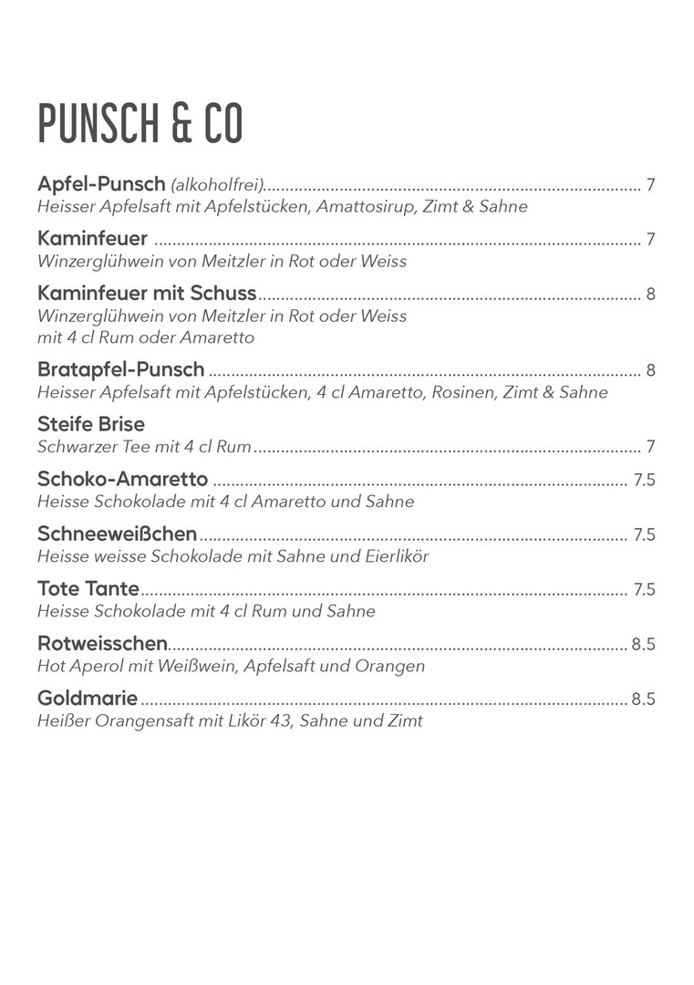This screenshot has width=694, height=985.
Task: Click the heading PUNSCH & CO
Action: click(x=140, y=123)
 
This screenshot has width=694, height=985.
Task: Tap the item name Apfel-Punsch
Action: click(x=101, y=185)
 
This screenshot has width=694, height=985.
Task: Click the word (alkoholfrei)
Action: click(x=217, y=186)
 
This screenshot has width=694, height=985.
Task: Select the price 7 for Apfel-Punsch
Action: click(x=650, y=186)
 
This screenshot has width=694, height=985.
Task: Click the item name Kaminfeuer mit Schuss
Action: click(x=147, y=294)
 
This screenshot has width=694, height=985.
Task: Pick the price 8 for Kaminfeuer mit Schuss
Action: click(x=650, y=295)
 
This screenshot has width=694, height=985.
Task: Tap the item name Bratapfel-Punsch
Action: click(x=121, y=370)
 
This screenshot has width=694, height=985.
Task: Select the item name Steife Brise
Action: click(x=91, y=424)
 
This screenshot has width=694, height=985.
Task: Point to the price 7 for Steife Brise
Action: click(x=650, y=447)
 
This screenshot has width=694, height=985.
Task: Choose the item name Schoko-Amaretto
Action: click(x=123, y=480)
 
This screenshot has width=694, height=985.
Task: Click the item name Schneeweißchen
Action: click(x=118, y=534)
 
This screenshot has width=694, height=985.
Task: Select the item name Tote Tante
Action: click(x=88, y=588)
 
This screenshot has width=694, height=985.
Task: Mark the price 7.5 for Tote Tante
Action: click(x=644, y=589)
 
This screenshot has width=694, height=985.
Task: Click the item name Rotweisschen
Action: click(x=102, y=643)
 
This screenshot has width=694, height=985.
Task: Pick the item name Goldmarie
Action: click(x=88, y=699)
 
